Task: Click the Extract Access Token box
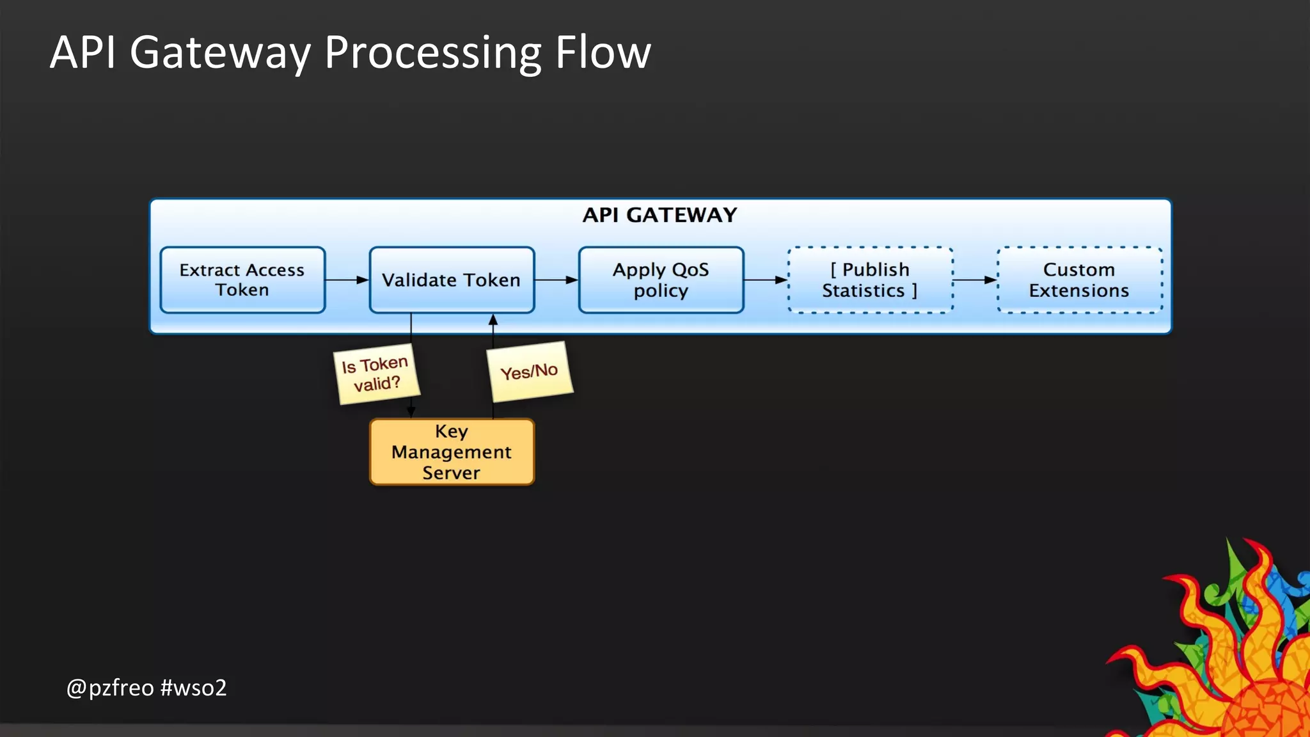click(x=242, y=280)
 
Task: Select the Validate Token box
click(x=452, y=280)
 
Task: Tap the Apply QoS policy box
click(x=661, y=280)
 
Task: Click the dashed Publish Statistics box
click(x=870, y=280)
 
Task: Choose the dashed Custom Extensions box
click(x=1079, y=280)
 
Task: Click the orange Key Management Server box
click(x=452, y=452)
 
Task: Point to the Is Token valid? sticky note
click(x=376, y=374)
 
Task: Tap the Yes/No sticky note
click(x=530, y=372)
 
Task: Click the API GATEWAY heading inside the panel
click(x=659, y=215)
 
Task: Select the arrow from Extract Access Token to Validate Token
click(x=347, y=280)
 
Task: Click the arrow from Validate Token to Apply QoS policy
click(x=556, y=280)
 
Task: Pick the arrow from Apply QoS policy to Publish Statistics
click(x=766, y=280)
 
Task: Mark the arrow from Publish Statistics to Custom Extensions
click(x=975, y=280)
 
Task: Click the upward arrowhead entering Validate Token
click(x=493, y=320)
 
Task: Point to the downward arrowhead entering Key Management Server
click(x=411, y=412)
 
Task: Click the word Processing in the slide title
click(x=433, y=52)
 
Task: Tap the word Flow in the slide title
click(x=603, y=52)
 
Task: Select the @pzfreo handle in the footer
click(x=110, y=688)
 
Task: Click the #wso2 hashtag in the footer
click(x=194, y=688)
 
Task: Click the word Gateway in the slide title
click(x=220, y=52)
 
